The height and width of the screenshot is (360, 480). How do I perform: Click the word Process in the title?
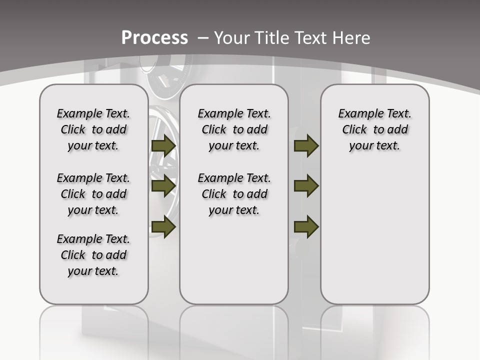pos(155,38)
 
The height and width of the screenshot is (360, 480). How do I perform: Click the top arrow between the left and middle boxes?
pos(163,146)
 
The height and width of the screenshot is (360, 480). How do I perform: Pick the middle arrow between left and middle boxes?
pos(163,186)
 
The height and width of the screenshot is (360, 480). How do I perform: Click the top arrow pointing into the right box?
pos(306,146)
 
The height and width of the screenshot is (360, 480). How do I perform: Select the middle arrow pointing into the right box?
pos(306,186)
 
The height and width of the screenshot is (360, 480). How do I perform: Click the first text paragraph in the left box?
pos(93,129)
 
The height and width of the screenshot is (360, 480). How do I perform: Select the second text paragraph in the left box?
pos(93,194)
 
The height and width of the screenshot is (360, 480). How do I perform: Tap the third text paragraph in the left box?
pos(93,255)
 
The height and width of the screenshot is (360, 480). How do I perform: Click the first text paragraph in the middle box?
pos(234,129)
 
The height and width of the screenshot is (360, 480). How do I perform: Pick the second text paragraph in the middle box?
pos(234,194)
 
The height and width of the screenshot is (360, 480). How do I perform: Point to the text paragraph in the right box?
pos(374,129)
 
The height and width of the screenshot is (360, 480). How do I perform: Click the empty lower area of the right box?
pos(374,240)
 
